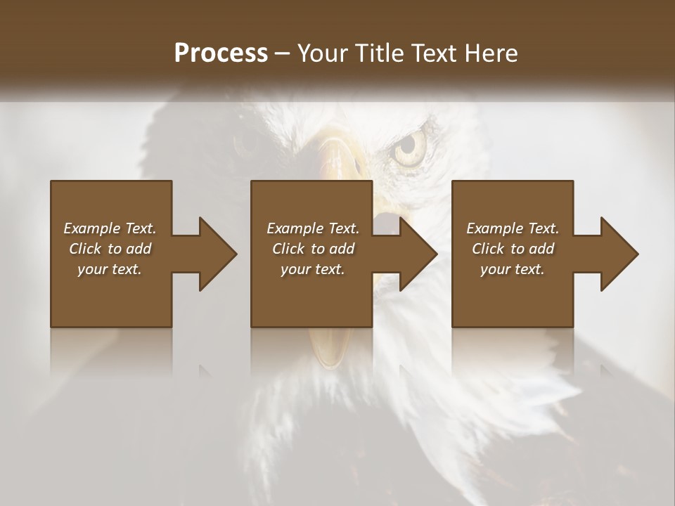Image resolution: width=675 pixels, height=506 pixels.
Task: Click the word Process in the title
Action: coord(221,53)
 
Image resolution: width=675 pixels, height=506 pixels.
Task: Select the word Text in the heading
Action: coord(435,53)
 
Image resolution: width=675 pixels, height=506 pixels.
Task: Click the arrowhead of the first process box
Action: coord(215,254)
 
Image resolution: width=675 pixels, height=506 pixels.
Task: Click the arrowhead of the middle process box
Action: coord(416,254)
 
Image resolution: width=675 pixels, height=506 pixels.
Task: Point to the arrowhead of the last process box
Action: coord(617,254)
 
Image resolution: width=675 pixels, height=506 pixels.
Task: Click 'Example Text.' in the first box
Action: coord(110,228)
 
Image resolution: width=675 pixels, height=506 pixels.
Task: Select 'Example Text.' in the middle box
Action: coord(313,228)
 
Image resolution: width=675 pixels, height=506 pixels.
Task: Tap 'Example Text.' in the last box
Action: coord(513,228)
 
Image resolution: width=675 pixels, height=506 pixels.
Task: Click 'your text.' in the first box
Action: coord(110,269)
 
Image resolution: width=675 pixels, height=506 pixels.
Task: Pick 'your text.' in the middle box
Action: coord(313,269)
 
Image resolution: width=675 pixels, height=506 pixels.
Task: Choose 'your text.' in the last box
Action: coord(513,269)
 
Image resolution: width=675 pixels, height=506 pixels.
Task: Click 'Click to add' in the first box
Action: coord(110,249)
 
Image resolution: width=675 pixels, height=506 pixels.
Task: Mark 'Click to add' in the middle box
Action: coord(313,249)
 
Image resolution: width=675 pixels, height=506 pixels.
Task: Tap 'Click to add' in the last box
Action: coord(513,249)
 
